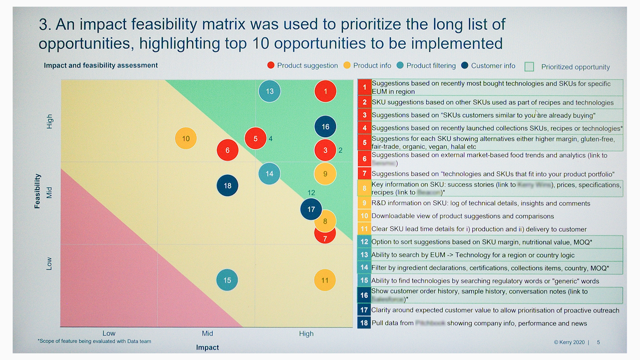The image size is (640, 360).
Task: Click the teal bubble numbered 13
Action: coord(269,91)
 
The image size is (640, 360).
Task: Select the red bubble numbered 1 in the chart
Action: coord(325,91)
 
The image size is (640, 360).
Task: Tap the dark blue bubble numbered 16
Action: coord(325,127)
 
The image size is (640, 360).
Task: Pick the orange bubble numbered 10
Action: coord(186,138)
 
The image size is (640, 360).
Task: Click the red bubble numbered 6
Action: coord(227,150)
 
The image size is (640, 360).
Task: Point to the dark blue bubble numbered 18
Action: coord(227,185)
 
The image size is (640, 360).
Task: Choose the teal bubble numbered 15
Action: coord(227,280)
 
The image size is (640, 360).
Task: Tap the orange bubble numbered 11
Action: coord(325,280)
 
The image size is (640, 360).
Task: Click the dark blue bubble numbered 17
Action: coord(311,209)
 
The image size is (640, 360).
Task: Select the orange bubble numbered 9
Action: coord(325,174)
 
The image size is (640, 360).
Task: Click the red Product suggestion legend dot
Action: coord(271,65)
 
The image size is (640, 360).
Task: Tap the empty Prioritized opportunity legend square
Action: coord(529,67)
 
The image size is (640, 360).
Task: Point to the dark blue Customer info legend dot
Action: coord(465,65)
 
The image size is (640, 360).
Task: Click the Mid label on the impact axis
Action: coord(207,333)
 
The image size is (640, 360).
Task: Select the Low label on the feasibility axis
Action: coord(49,263)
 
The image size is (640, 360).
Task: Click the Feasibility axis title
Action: coord(37,191)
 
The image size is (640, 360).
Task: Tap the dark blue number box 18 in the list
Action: coord(364,323)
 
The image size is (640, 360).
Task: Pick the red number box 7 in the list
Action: coord(364,173)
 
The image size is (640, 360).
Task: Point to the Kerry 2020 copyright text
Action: coord(569,342)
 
